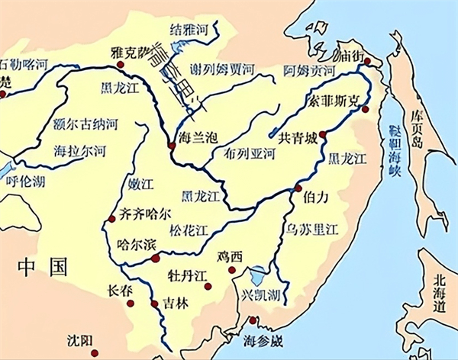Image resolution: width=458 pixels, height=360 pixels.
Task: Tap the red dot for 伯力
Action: (298, 188)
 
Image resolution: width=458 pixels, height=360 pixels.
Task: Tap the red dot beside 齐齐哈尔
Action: (112, 218)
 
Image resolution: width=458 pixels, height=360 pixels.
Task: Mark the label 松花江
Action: (189, 230)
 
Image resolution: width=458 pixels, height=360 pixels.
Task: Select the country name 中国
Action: (44, 267)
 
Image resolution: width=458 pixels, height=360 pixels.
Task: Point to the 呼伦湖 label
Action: (24, 181)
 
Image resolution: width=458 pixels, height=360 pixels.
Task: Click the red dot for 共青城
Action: (322, 134)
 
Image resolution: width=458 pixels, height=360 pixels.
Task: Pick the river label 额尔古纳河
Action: (84, 123)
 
